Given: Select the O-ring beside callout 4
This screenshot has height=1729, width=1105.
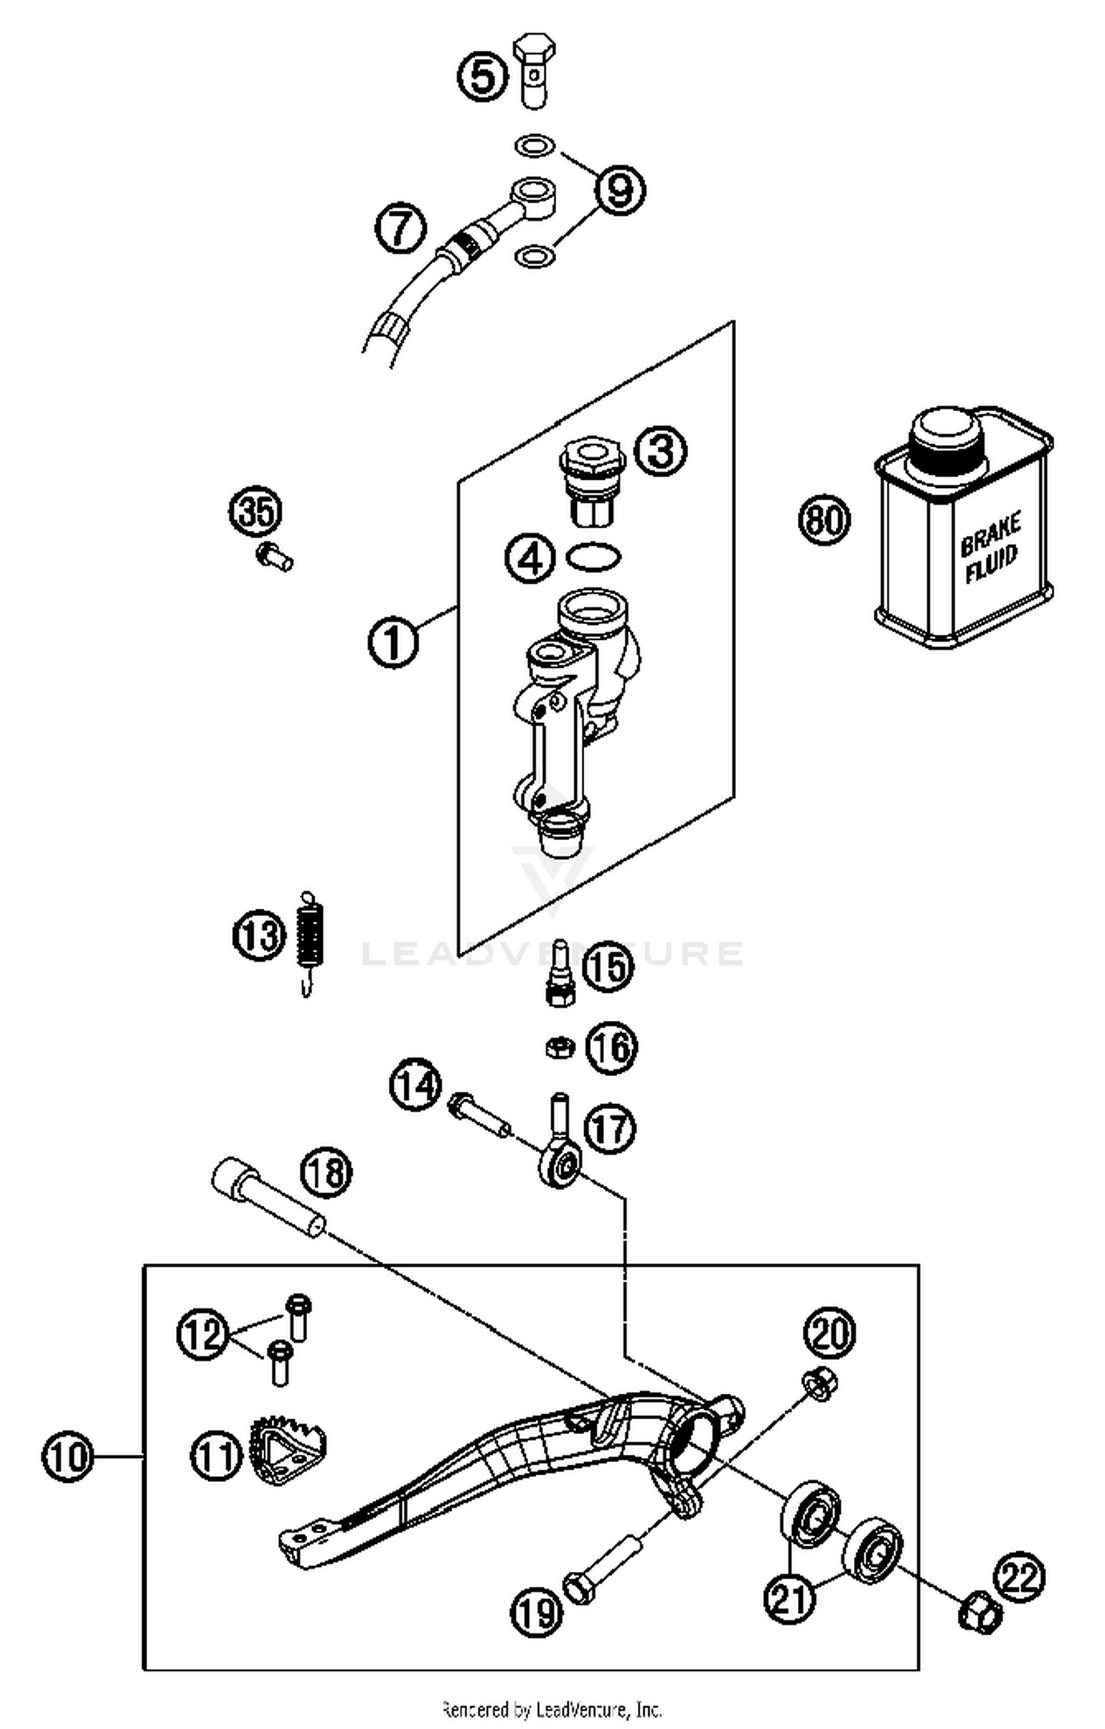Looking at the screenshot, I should (593, 556).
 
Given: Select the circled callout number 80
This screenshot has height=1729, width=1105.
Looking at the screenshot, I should (824, 520).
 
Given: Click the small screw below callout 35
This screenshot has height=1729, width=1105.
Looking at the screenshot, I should (275, 556).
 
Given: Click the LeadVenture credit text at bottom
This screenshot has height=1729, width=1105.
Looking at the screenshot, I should (552, 1708).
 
